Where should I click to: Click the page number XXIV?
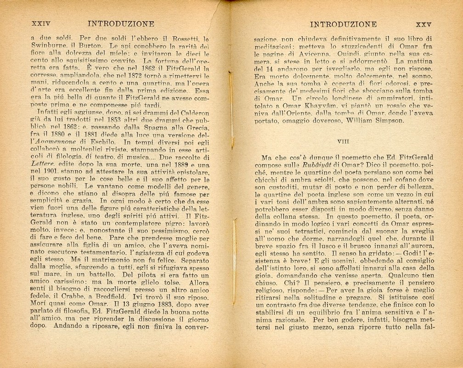point(40,24)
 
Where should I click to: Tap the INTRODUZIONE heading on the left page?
point(121,24)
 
